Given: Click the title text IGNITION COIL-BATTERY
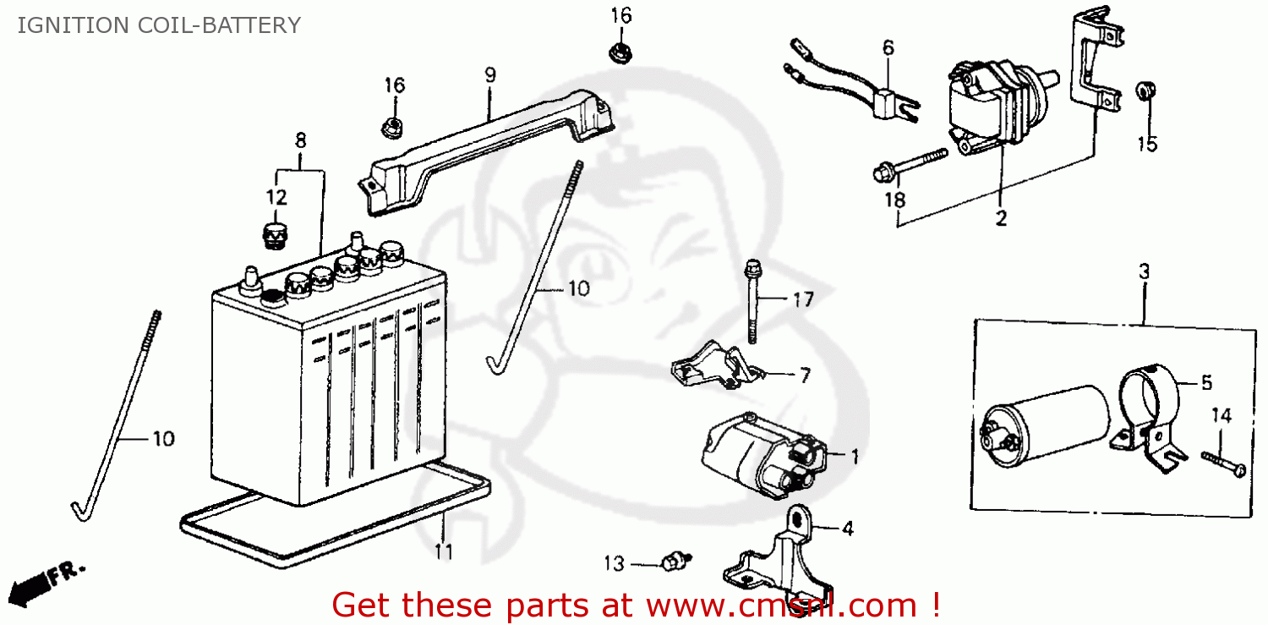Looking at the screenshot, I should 159,25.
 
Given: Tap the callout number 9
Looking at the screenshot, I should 490,74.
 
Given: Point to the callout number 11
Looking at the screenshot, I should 444,552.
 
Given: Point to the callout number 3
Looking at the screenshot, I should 1144,272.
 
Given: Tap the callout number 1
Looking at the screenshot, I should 855,457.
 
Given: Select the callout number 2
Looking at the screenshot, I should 1001,218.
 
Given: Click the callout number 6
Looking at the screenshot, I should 888,48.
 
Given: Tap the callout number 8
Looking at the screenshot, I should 300,140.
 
